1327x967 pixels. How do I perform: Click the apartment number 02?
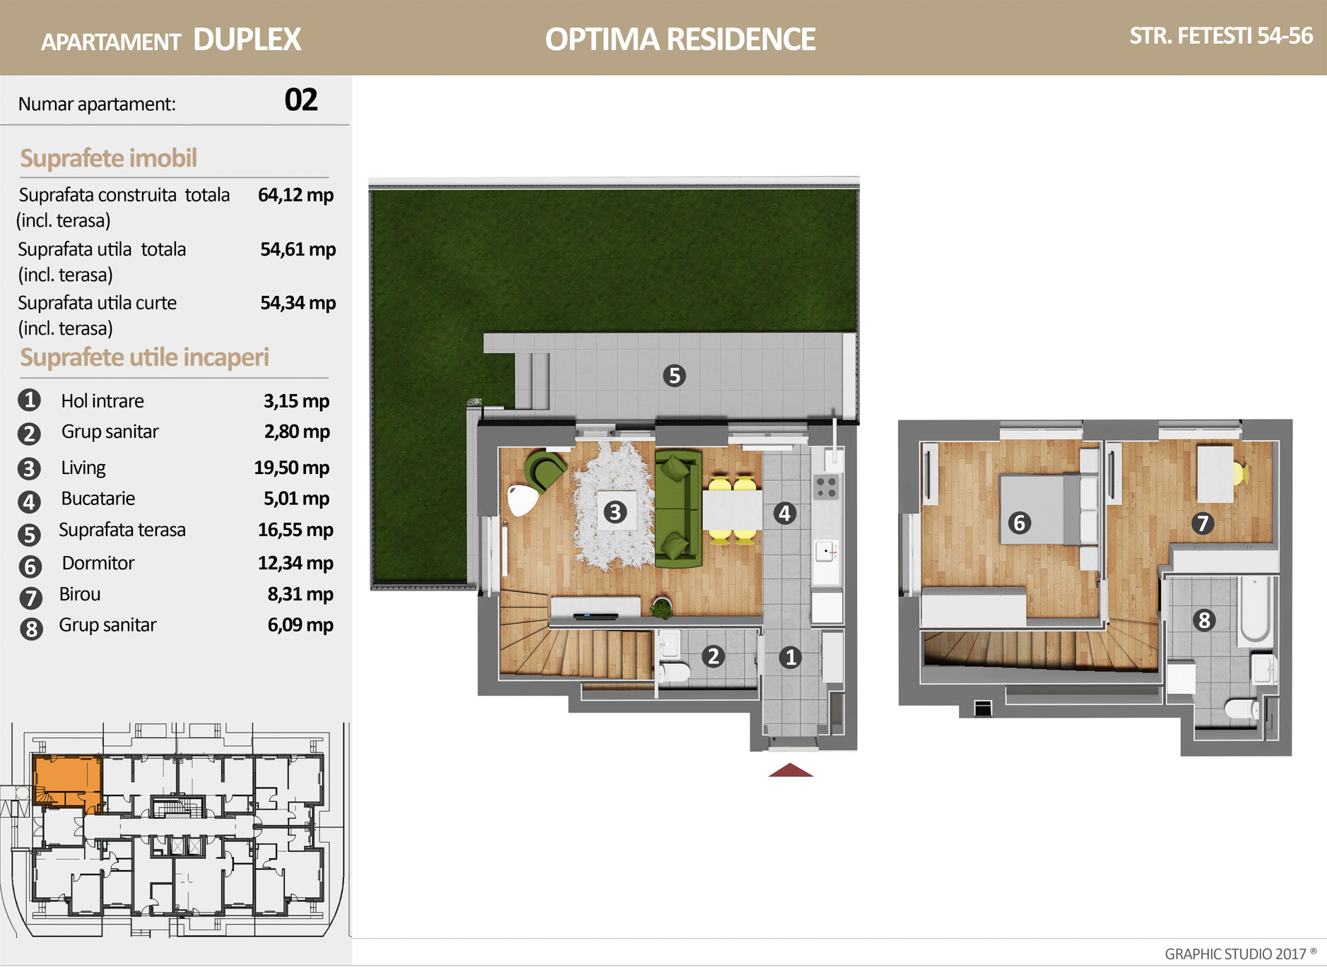pyautogui.click(x=301, y=100)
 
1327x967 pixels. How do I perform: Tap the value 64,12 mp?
pyautogui.click(x=295, y=195)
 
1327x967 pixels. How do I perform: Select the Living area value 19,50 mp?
pyautogui.click(x=291, y=468)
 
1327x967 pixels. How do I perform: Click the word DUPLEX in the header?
pyautogui.click(x=247, y=40)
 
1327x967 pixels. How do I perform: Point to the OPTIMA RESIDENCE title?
pyautogui.click(x=680, y=40)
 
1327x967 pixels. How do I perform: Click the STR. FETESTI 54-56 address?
pyautogui.click(x=1221, y=36)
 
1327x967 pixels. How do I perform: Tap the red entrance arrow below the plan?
pyautogui.click(x=791, y=770)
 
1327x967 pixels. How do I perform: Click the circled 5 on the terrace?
pyautogui.click(x=674, y=376)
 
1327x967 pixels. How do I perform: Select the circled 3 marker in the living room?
pyautogui.click(x=615, y=512)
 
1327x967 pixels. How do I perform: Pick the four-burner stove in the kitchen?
pyautogui.click(x=826, y=487)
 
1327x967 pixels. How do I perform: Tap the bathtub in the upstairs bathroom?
pyautogui.click(x=1256, y=610)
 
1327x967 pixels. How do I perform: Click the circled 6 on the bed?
pyautogui.click(x=1019, y=523)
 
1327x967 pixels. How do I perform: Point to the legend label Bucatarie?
pyautogui.click(x=98, y=499)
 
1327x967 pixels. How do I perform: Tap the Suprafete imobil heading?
pyautogui.click(x=108, y=158)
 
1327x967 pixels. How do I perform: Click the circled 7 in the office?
pyautogui.click(x=1203, y=523)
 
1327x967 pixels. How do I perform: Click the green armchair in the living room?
pyautogui.click(x=545, y=470)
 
